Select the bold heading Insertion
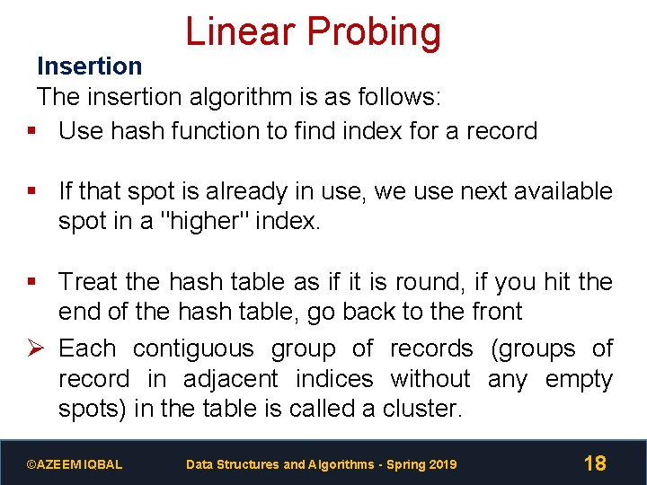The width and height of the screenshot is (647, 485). [89, 66]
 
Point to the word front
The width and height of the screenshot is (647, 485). [489, 312]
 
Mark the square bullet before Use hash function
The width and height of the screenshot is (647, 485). [32, 131]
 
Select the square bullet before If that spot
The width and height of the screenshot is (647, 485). [32, 191]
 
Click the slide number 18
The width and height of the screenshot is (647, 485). [595, 463]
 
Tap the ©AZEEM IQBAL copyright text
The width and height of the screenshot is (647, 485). [75, 464]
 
